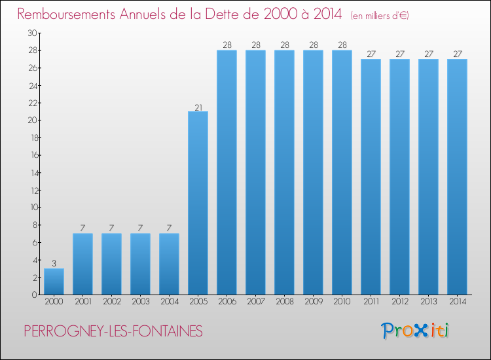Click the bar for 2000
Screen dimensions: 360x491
[54, 281]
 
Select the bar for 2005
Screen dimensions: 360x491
[198, 203]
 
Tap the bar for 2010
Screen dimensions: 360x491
[342, 173]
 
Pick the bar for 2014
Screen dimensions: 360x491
[457, 177]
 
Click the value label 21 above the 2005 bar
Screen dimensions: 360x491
[198, 107]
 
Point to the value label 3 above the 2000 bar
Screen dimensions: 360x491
[54, 264]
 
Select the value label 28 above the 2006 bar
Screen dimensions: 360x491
[227, 45]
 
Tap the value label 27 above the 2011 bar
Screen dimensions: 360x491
[371, 54]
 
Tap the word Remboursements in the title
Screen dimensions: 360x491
[73, 14]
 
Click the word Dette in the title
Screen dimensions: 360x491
[236, 14]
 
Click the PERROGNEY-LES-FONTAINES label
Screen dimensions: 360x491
[113, 332]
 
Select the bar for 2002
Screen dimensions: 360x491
[111, 264]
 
